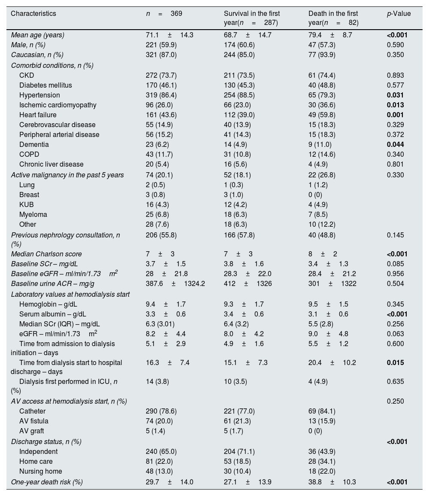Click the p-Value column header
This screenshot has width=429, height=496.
399,14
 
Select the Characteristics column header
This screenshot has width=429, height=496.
33,14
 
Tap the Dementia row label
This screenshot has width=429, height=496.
34,145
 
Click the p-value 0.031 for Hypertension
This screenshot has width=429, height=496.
395,95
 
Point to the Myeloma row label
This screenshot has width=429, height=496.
33,214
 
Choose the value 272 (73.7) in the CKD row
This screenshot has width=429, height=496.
161,76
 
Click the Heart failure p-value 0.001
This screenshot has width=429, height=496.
395,115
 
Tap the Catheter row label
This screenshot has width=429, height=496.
32,411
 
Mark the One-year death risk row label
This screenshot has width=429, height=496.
47,482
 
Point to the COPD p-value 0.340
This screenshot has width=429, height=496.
395,155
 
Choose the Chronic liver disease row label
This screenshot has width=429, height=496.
51,164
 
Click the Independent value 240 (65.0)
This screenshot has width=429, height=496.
161,451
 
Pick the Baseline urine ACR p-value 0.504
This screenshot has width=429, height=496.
395,284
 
